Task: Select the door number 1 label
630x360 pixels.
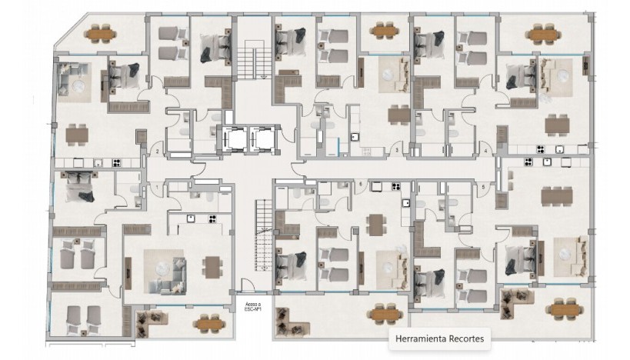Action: point(156,188)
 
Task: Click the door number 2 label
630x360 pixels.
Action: point(156,152)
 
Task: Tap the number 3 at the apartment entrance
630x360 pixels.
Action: point(397,152)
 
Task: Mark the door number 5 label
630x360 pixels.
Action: point(484,187)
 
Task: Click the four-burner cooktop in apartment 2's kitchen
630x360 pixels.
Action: point(117,162)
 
